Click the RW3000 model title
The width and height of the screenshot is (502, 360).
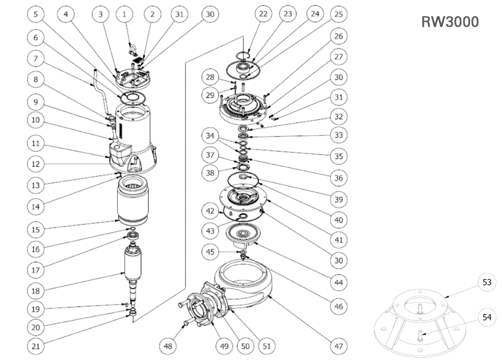click(450, 22)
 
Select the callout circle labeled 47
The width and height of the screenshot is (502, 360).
click(338, 346)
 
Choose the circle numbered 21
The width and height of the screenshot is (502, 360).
click(36, 346)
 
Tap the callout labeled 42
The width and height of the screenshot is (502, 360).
click(210, 212)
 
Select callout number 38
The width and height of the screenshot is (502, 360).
click(210, 173)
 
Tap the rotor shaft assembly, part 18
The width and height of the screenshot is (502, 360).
click(133, 274)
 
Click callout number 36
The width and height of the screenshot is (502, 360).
click(338, 178)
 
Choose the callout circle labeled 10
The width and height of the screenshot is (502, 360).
click(36, 120)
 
